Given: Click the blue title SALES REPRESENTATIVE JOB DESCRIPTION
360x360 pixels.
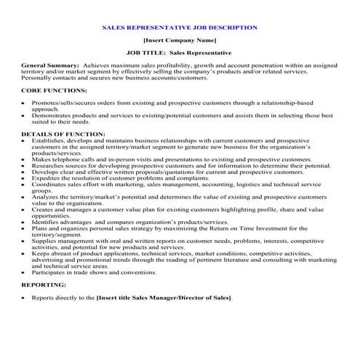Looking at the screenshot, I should (180, 28).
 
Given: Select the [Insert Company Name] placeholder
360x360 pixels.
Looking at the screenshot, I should (180, 41).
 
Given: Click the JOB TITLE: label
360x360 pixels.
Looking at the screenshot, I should (145, 53).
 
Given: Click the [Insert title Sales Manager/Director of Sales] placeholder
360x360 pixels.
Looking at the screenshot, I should (164, 298).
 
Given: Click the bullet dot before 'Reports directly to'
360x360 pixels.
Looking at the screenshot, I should (24, 299).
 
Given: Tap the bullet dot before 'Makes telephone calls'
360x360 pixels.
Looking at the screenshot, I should (24, 159).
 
